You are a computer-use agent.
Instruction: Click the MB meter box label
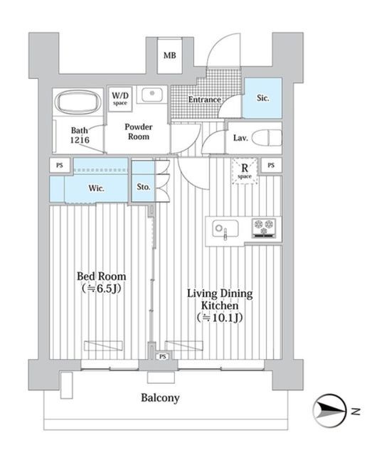click(169, 55)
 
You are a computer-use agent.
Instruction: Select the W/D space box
click(120, 99)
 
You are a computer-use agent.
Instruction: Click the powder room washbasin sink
click(152, 95)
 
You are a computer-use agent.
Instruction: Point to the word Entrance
click(204, 100)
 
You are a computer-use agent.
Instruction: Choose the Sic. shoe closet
click(262, 98)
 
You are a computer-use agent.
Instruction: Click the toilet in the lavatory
click(267, 137)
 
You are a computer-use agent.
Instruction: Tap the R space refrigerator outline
click(245, 171)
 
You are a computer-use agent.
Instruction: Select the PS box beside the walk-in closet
click(60, 166)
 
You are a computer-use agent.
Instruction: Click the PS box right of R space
click(271, 166)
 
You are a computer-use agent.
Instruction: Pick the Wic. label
click(97, 188)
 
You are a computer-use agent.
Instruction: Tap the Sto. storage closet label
click(144, 187)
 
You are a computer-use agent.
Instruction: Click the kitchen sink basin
click(225, 228)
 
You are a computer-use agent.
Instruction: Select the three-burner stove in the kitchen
click(264, 227)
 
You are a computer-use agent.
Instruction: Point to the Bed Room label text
click(101, 277)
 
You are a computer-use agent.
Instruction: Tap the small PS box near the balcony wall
click(163, 356)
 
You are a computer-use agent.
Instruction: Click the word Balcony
click(160, 398)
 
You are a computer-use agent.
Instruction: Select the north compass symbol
click(331, 411)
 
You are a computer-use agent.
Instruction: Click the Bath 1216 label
click(80, 135)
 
